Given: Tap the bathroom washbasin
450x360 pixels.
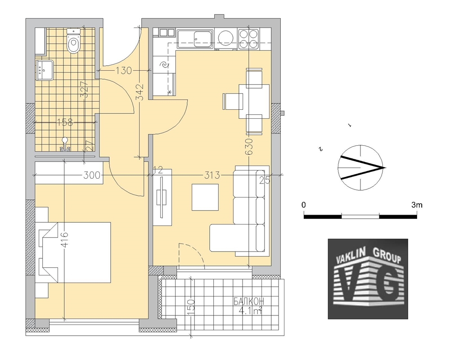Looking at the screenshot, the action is coord(45,70).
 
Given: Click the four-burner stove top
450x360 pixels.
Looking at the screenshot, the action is coord(248,39).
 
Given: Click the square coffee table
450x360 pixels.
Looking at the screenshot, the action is coord(205,197).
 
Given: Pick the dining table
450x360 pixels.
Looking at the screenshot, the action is coord(254,101).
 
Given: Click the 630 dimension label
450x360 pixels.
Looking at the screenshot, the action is coord(249,147).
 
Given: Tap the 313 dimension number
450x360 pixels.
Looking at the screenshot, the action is coord(212,175).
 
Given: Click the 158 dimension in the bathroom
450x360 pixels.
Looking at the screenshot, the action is coord(65,122).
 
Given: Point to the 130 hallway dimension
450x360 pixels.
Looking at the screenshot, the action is coord(123,70).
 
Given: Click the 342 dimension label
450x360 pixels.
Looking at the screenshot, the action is coord(140,93).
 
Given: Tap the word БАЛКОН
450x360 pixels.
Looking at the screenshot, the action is coord(248,301).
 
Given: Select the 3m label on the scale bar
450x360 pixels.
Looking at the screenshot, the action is coord(417,205).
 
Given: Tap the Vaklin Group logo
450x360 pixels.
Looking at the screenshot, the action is coord(368,279).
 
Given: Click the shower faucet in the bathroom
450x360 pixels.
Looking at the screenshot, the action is coord(65,145).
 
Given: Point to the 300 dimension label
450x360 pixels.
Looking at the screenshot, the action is coord(92,175).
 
